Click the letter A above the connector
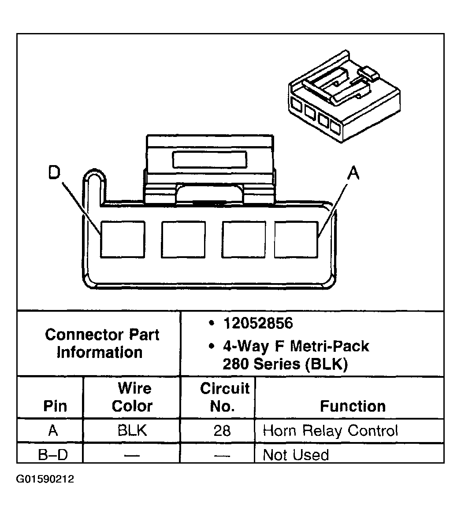point(353,173)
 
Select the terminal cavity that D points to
point(123,239)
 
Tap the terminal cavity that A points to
point(296,239)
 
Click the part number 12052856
point(258,323)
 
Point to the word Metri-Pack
point(330,346)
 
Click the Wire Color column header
point(133,397)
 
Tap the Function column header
point(353,406)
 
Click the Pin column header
point(55,406)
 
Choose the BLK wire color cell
point(132,431)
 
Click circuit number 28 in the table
point(222,431)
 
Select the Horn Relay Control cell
point(330,431)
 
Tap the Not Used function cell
point(296,455)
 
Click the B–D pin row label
point(53,455)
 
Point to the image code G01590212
point(45,479)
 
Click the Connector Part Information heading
point(102,343)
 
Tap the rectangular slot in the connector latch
point(210,160)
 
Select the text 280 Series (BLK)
point(285,364)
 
